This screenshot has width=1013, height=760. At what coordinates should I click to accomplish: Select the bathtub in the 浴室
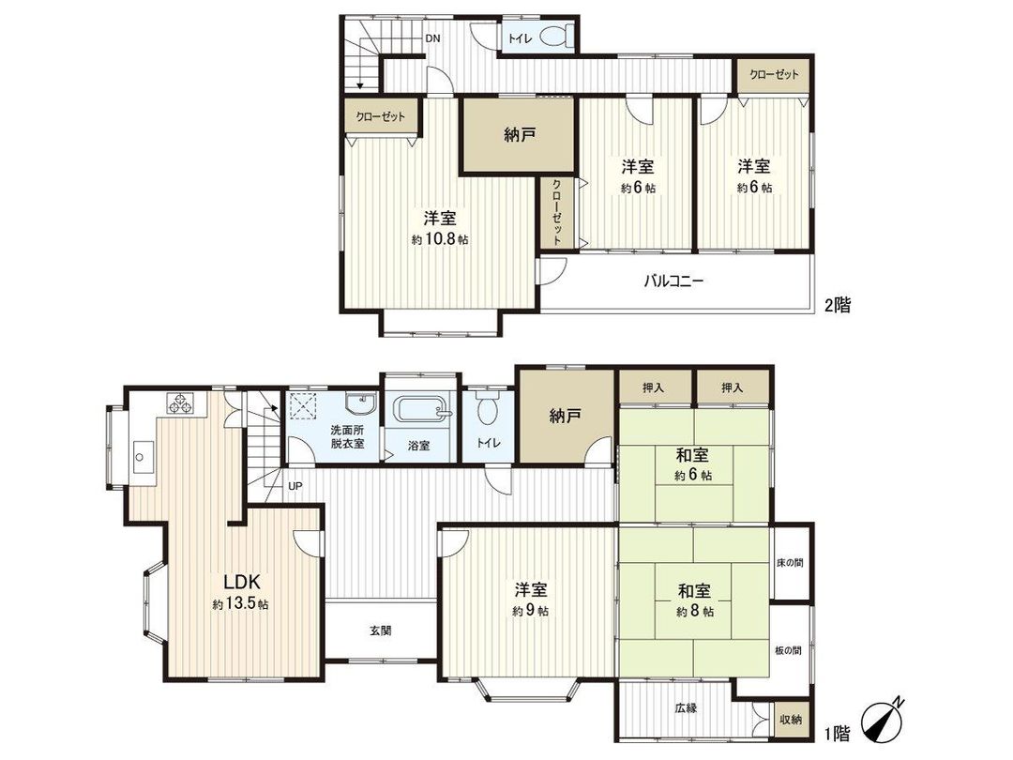coord(419,411)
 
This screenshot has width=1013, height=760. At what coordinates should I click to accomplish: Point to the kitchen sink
coord(143,459)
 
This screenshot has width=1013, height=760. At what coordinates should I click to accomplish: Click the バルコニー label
coord(673,280)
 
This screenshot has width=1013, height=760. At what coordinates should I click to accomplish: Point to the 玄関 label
coord(380,630)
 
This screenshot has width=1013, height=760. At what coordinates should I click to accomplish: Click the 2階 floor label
coord(837,305)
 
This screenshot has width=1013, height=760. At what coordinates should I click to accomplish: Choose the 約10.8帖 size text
coord(440,240)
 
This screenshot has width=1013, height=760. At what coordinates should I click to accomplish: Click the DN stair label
coord(432,38)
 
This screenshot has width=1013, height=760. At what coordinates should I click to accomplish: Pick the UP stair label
coord(295,486)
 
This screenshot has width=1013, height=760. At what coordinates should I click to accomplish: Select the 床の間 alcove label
coord(789,563)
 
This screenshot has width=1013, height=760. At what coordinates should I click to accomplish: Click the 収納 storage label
coord(790,719)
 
